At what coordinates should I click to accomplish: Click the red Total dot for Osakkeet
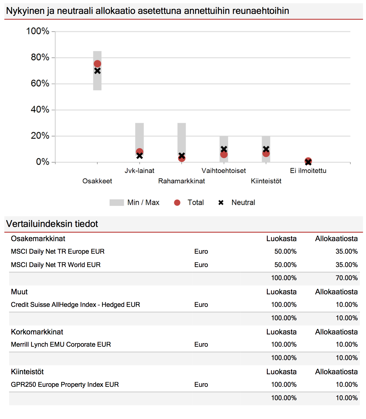97,64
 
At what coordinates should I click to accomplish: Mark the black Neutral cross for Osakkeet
97,71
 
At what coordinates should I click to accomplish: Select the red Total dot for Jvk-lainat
139,152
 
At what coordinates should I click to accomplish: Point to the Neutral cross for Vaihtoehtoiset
224,149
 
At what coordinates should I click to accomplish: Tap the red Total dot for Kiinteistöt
266,153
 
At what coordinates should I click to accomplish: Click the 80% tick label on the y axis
40,57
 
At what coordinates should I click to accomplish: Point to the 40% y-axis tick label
40,110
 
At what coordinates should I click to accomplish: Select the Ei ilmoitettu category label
308,170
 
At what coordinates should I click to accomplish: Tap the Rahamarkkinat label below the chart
181,181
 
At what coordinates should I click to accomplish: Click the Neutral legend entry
237,202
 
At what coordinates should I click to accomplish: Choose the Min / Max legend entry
134,202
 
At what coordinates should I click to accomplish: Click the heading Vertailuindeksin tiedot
52,224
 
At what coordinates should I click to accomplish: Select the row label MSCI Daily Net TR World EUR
56,265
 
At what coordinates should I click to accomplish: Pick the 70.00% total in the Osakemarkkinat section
347,278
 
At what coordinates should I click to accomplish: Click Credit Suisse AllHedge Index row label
75,305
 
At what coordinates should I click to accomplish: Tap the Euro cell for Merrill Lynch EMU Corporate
201,345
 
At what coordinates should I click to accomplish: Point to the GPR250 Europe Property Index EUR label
65,385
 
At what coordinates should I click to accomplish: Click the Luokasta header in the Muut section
281,292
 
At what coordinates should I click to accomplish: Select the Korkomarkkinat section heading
37,332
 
